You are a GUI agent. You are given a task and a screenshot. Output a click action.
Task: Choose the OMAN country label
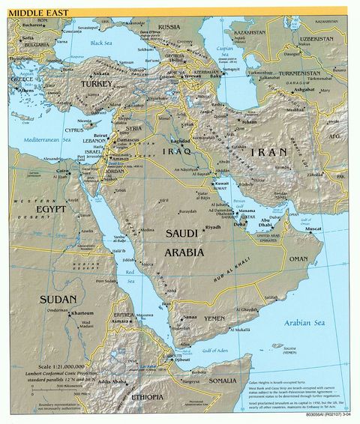tap(298, 258)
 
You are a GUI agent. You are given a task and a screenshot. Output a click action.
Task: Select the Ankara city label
tap(100, 73)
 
